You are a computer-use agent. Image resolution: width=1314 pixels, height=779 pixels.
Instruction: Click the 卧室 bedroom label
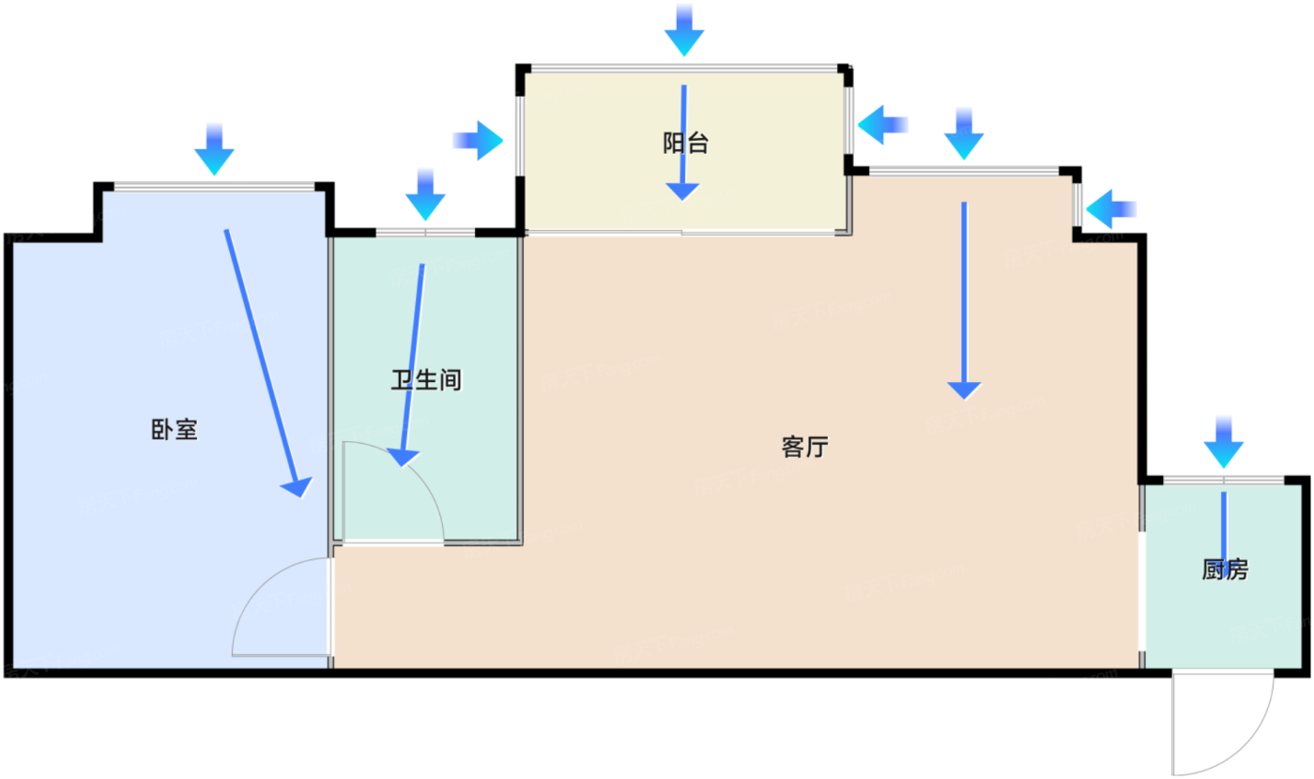tap(174, 430)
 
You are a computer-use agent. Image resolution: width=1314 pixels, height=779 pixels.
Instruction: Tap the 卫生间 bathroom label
tap(427, 380)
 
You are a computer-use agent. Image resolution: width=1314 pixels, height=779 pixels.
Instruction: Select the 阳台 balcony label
tap(685, 144)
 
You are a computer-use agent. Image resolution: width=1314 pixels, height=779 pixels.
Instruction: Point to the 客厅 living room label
tap(804, 448)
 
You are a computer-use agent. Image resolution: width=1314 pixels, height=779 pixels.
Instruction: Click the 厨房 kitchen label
tap(1225, 570)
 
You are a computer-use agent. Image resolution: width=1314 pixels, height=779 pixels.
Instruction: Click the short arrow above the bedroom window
tap(214, 150)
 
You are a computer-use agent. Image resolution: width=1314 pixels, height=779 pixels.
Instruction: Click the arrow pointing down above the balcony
tap(684, 30)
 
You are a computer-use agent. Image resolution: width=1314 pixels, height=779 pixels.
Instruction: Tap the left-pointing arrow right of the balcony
tap(882, 125)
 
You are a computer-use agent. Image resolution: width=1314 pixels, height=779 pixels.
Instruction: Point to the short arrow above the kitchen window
tap(1223, 442)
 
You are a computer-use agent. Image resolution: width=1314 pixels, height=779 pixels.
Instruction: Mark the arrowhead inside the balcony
tap(682, 191)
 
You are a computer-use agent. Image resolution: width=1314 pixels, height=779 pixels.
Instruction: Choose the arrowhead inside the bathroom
tap(404, 457)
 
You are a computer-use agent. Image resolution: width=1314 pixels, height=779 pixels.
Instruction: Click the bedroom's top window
tap(214, 186)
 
